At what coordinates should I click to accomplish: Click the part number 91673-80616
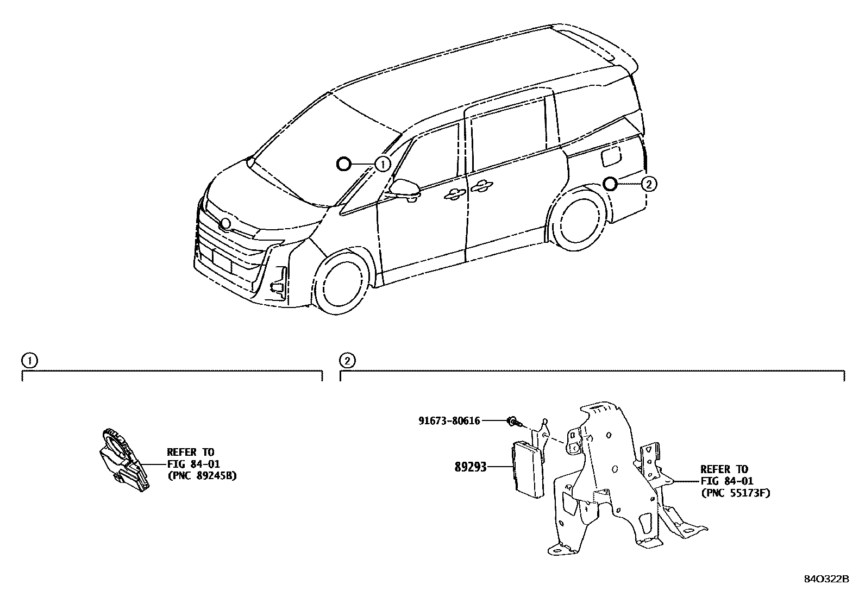tap(449, 420)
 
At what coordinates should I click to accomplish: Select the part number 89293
tap(470, 467)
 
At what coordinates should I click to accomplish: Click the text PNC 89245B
tap(202, 476)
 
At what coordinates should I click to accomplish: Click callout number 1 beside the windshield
tap(383, 164)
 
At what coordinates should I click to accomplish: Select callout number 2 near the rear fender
tap(648, 184)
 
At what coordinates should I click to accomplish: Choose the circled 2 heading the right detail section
tap(347, 361)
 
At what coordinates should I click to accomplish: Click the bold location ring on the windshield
tap(343, 164)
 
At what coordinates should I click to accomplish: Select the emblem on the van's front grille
tap(225, 223)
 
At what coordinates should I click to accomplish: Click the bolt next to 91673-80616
tap(513, 421)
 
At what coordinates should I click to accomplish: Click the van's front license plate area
tap(222, 260)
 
